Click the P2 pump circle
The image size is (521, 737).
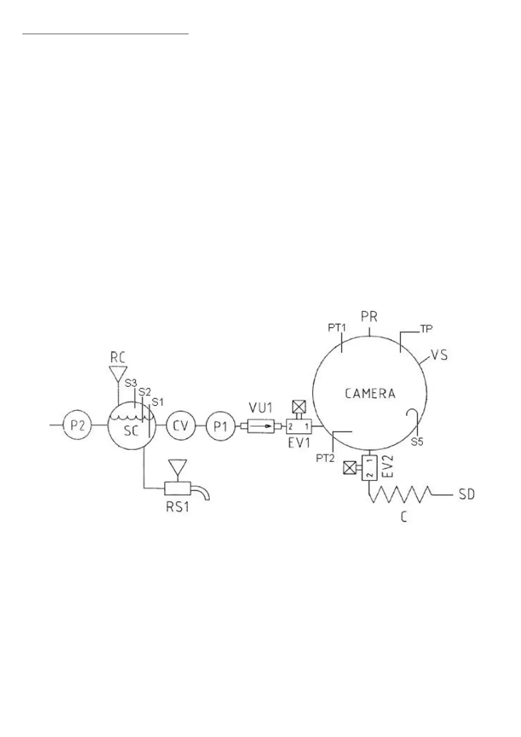(77, 425)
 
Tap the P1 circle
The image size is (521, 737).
(221, 425)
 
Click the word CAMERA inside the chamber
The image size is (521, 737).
(370, 393)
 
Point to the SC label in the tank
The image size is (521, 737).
(131, 431)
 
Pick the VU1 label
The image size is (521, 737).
(261, 407)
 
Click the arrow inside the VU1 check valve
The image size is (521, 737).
(262, 426)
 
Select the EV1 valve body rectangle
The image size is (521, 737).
(299, 426)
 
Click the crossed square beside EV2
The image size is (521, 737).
(350, 468)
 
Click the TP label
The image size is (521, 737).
(426, 328)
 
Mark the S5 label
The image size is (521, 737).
(417, 442)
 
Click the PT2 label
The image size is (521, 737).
(324, 458)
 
